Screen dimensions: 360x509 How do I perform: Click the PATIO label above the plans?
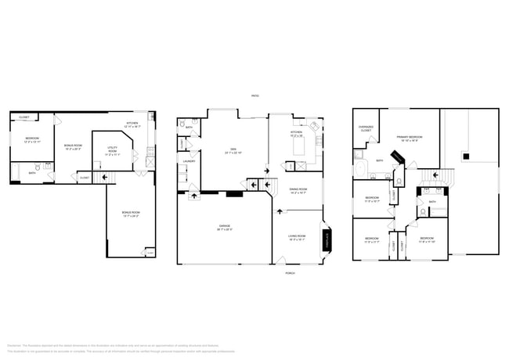click(x=254, y=95)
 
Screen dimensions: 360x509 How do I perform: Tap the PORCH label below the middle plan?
click(x=290, y=272)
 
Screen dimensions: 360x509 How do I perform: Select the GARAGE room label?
click(x=225, y=227)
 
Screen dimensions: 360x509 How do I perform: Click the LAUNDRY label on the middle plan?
click(x=189, y=161)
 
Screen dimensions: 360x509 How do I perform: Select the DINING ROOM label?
click(x=298, y=190)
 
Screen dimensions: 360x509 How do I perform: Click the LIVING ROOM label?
click(x=298, y=236)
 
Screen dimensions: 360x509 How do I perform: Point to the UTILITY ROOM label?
click(x=112, y=149)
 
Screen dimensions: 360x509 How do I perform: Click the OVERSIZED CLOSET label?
click(x=366, y=128)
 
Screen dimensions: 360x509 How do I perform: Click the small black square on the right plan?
click(x=466, y=157)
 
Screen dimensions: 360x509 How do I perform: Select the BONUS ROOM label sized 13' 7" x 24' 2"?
click(x=130, y=214)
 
